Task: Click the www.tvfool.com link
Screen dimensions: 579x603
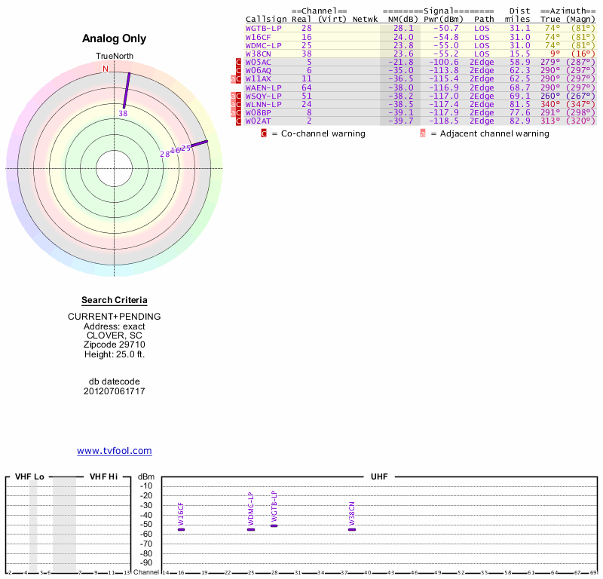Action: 115,451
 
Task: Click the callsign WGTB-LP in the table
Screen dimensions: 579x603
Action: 264,28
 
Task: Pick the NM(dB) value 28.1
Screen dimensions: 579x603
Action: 403,28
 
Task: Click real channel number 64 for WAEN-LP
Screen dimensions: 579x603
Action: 307,87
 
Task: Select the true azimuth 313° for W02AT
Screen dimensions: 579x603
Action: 550,121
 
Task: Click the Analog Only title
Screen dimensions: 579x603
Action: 115,38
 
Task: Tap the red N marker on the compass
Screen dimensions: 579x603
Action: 106,69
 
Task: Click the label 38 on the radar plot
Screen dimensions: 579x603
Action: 123,113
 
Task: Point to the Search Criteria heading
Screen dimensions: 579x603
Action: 115,300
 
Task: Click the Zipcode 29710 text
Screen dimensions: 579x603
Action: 115,345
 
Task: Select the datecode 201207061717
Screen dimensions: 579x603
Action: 115,391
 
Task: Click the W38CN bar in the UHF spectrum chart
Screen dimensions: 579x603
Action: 352,529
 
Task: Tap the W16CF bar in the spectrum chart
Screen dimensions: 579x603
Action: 181,529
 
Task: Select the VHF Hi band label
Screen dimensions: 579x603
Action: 103,477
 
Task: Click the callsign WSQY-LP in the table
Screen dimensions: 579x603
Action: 264,96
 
